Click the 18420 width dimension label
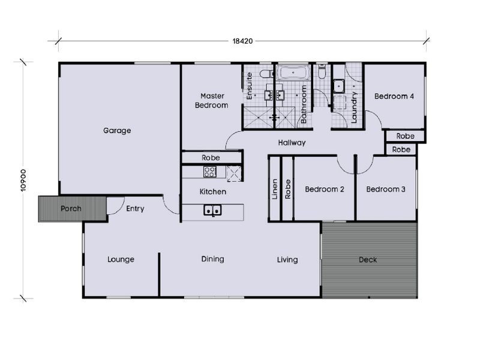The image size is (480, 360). point(243,41)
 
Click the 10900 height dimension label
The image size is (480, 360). point(23,179)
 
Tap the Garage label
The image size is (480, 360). point(117,130)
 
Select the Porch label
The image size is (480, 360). point(71,209)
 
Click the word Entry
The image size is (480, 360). point(135,209)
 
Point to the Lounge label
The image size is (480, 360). point(121,260)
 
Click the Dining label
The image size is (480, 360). point(212,259)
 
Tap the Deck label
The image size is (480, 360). point(368,260)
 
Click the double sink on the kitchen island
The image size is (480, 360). point(212,210)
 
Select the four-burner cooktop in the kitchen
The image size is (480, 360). point(210,172)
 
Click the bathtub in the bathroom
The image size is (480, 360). point(293,74)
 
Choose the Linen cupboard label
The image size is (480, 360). point(275,189)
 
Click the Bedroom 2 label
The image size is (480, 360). point(324,190)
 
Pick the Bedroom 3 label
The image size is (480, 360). point(386,190)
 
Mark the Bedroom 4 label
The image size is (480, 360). point(394,96)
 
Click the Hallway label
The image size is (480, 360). point(292,143)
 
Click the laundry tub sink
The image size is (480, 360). point(338,86)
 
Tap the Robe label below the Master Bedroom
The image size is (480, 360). point(211,158)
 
